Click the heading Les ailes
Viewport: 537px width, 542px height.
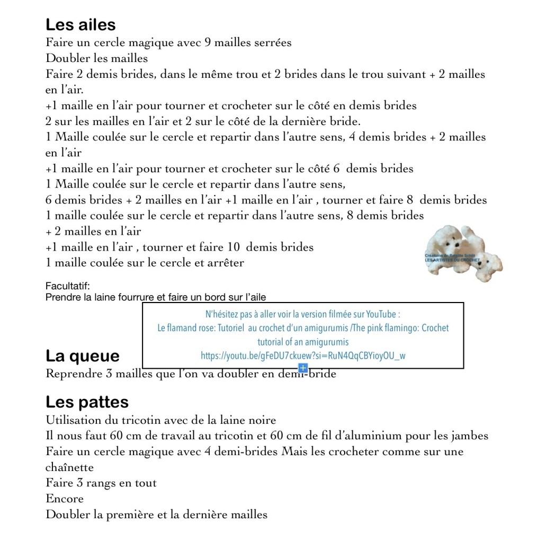80,25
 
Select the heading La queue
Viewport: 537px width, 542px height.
83,356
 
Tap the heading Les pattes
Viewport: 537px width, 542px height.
87,402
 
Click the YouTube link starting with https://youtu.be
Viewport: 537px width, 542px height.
303,356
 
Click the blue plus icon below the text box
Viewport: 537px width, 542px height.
303,368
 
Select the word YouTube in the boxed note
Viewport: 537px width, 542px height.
381,314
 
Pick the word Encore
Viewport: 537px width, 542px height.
65,499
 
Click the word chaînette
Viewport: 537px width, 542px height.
69,467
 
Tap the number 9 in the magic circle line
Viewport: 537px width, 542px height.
207,42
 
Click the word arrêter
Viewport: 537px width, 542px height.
223,263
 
